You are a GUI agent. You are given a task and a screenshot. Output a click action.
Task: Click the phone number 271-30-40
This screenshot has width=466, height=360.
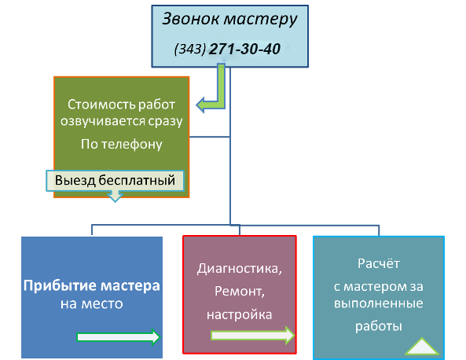(x=244, y=49)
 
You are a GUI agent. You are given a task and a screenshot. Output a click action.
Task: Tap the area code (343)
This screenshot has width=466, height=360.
(x=190, y=49)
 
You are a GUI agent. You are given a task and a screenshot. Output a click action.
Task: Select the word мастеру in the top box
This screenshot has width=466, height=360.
(x=260, y=20)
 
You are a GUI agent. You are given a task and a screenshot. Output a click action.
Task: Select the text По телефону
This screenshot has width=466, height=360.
(x=122, y=145)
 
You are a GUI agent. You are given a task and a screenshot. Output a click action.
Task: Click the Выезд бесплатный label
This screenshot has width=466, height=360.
(x=115, y=181)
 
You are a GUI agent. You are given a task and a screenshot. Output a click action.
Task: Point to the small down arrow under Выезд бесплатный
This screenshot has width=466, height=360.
(x=115, y=197)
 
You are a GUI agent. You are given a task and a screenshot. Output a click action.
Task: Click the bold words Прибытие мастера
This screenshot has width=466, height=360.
(x=91, y=286)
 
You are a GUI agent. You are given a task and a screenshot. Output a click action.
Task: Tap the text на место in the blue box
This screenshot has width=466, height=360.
(x=91, y=304)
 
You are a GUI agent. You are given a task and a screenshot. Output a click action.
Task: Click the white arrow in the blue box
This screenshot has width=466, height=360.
(x=119, y=337)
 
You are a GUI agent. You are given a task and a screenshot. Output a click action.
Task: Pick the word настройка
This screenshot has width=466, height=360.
(x=239, y=315)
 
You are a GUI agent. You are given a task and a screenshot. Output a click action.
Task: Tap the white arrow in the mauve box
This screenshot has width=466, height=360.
(x=252, y=336)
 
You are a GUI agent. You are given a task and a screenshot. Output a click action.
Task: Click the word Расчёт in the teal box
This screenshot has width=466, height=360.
(x=379, y=263)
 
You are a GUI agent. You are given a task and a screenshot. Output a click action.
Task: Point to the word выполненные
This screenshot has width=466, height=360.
(x=379, y=304)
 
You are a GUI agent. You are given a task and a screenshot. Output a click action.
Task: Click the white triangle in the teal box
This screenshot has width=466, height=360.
(x=422, y=347)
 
